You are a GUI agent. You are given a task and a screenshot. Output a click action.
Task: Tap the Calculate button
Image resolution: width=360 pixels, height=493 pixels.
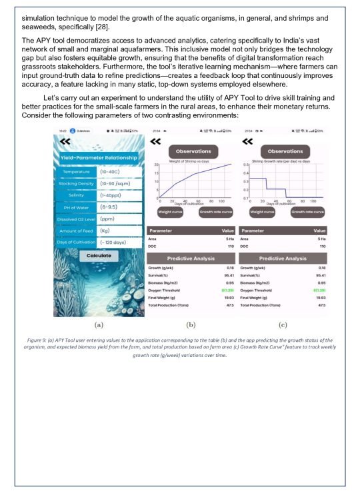[x=98, y=255]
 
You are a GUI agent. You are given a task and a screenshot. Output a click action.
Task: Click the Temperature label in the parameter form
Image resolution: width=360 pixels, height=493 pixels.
[x=75, y=171]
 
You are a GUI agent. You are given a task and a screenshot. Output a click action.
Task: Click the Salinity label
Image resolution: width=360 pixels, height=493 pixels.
[x=75, y=195]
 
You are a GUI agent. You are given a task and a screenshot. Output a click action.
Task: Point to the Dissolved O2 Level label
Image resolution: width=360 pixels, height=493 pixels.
[x=75, y=219]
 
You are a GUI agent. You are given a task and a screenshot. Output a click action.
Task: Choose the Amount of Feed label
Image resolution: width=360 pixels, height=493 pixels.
[x=75, y=230]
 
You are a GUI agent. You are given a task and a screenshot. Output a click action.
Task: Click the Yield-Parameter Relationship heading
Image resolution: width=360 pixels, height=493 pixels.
[x=98, y=157]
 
